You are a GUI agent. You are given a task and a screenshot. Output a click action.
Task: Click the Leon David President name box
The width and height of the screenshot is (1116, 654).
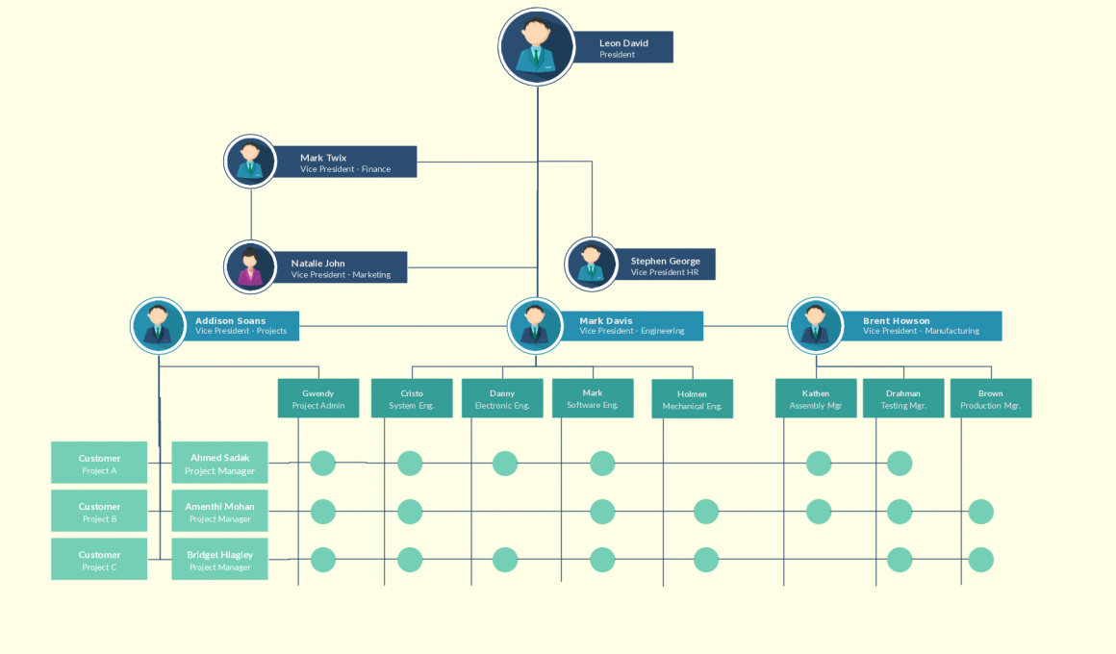click(623, 47)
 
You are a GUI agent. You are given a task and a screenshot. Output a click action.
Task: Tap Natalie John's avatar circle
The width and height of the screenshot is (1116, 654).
click(251, 266)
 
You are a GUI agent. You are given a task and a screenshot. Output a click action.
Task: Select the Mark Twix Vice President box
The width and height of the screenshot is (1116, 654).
click(344, 162)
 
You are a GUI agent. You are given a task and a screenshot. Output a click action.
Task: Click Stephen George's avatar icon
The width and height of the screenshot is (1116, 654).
click(592, 264)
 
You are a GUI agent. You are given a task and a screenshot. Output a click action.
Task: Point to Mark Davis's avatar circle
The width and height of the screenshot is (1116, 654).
click(536, 325)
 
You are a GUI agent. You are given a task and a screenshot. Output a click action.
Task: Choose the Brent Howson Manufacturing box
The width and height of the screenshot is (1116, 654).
click(921, 325)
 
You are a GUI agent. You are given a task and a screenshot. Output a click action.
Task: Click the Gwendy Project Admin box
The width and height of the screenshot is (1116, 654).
click(318, 398)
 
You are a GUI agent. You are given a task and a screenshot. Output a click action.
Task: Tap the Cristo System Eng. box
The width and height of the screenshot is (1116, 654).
click(412, 398)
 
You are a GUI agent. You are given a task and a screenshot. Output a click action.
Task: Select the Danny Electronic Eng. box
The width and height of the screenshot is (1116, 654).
click(502, 398)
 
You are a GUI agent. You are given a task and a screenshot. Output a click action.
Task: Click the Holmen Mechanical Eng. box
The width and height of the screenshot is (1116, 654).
click(692, 399)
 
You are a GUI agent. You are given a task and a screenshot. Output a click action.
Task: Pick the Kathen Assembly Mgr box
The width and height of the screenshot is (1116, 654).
click(816, 398)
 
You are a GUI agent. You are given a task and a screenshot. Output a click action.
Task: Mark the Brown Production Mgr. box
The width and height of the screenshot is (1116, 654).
click(991, 398)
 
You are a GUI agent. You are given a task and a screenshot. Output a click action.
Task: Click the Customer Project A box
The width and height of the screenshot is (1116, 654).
click(99, 463)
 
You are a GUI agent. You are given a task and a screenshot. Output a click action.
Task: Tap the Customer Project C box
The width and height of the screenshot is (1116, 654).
click(99, 559)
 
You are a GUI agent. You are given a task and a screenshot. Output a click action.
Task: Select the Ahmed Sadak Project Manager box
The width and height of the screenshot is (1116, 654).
click(219, 463)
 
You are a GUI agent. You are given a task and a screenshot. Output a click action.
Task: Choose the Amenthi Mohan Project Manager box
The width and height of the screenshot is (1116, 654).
click(219, 511)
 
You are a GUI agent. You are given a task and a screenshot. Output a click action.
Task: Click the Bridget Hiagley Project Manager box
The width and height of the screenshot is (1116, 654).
click(219, 559)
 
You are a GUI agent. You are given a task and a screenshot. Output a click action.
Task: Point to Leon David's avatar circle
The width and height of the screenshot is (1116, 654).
click(537, 47)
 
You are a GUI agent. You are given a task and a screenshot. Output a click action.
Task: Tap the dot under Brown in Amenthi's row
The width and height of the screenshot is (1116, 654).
click(980, 512)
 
